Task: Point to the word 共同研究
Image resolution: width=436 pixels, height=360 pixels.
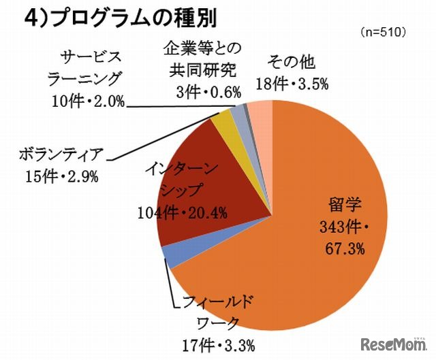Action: point(202,69)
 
